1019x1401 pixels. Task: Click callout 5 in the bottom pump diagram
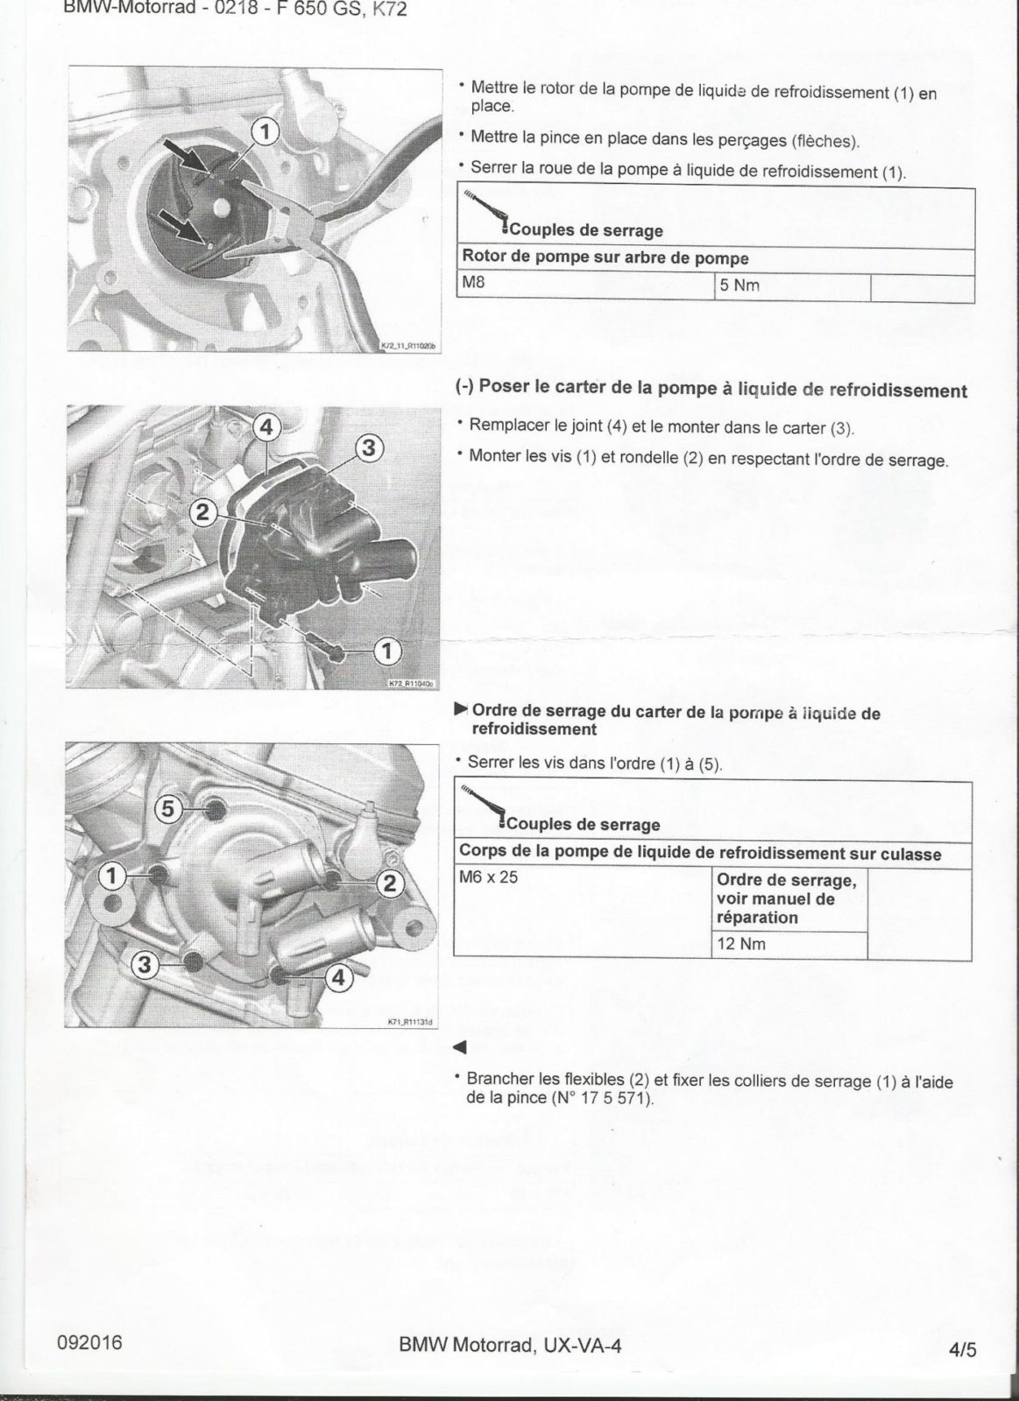tap(169, 808)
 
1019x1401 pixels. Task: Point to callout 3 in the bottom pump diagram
tap(145, 966)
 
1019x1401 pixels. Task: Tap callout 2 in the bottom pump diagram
tap(389, 882)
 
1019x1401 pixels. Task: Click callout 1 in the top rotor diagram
tap(265, 131)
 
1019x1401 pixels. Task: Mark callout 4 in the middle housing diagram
tap(267, 426)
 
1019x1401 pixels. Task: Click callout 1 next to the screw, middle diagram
tap(387, 650)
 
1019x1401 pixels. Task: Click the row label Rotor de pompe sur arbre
tap(605, 258)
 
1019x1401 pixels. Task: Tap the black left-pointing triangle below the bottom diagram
tap(459, 1047)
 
